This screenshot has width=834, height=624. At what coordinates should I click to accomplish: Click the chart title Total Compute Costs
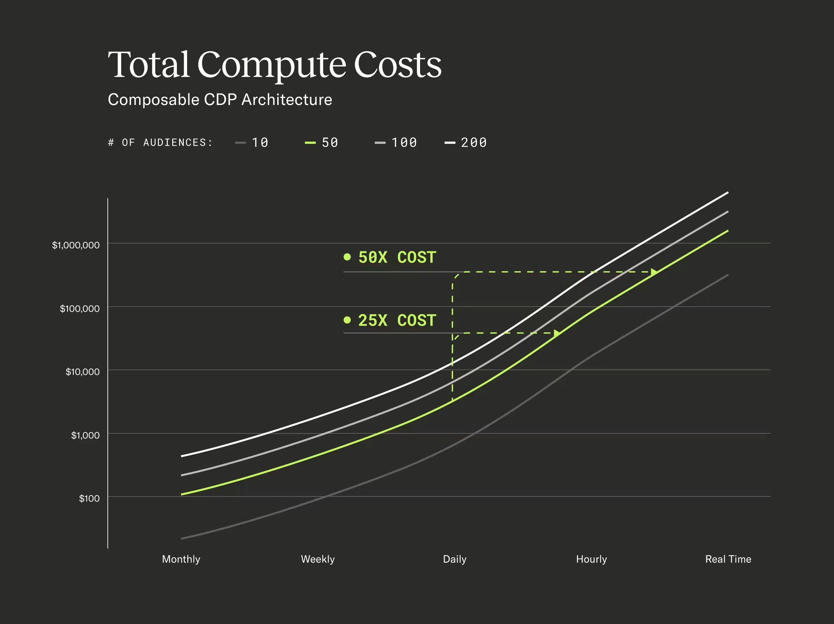point(275,65)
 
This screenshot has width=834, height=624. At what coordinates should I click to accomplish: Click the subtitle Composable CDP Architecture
point(220,99)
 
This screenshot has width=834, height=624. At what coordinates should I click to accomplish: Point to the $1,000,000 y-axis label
point(76,245)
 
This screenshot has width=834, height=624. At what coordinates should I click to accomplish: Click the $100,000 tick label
point(79,309)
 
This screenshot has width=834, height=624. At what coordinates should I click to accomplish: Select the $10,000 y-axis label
point(82,372)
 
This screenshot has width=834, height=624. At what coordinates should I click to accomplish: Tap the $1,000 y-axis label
point(85,435)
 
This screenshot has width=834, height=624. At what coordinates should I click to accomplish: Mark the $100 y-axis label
point(89,498)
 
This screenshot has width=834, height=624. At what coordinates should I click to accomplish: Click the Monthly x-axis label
point(181,559)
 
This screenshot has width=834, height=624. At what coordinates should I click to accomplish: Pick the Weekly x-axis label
point(318,559)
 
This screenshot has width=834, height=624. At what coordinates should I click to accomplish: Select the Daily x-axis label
point(455,559)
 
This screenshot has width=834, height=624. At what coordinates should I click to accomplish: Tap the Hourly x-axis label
point(592,559)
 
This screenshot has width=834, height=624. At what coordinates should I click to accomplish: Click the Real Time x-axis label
point(728,559)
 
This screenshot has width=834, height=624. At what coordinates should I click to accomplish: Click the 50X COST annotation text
point(397,257)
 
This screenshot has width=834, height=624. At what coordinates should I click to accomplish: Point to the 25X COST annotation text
point(397,320)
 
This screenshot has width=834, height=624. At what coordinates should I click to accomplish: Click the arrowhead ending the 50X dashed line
point(654,272)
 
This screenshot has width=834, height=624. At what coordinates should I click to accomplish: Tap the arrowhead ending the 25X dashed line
point(557,333)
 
